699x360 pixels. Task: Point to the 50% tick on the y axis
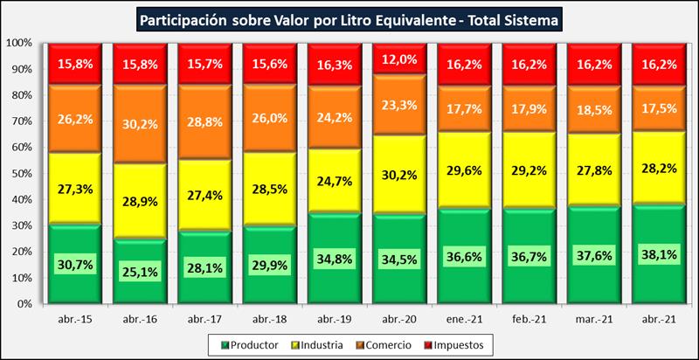point(20,173)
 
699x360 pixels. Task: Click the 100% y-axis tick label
point(18,42)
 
